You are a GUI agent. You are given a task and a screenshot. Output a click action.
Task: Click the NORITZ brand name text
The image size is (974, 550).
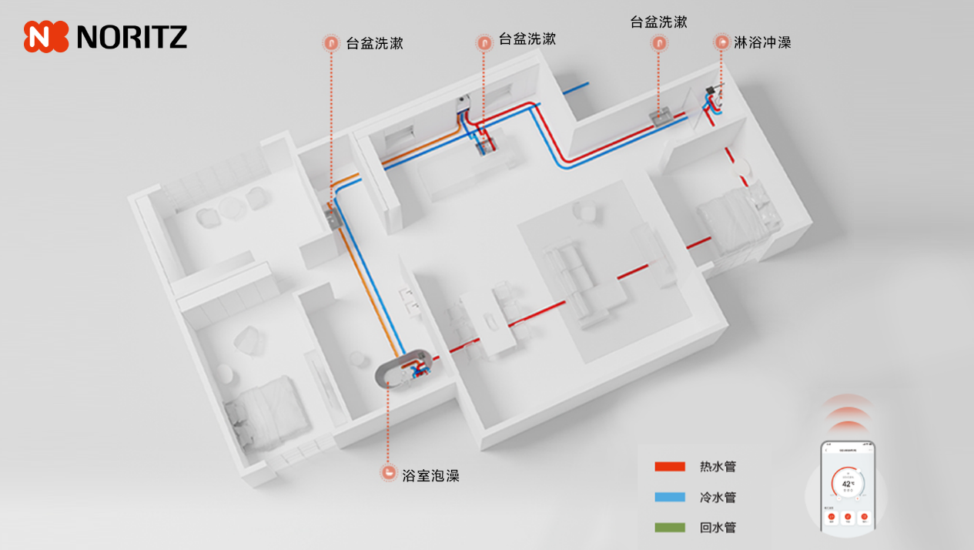coord(132,36)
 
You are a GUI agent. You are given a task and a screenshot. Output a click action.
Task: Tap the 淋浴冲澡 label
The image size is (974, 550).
coord(762,42)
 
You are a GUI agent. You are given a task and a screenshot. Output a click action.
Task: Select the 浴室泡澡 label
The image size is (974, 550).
coord(430,475)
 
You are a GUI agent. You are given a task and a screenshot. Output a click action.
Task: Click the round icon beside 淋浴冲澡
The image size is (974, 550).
coord(721,42)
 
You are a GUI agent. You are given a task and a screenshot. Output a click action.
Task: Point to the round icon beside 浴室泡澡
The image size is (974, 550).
coord(389,474)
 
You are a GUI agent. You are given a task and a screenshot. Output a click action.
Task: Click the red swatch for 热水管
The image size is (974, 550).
coord(669,467)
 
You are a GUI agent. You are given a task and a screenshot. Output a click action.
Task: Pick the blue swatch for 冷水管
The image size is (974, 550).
coord(669,498)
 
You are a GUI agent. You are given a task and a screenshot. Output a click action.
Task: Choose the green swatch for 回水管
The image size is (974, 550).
coord(669,528)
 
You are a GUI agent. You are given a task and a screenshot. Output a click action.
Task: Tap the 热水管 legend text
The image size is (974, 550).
coord(718,467)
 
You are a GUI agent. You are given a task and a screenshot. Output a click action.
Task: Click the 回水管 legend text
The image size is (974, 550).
coord(718,528)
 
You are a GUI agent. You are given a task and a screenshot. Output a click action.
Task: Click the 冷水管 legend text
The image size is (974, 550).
coord(718,498)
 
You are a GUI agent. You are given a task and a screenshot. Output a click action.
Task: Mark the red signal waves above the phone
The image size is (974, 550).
coord(848,416)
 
